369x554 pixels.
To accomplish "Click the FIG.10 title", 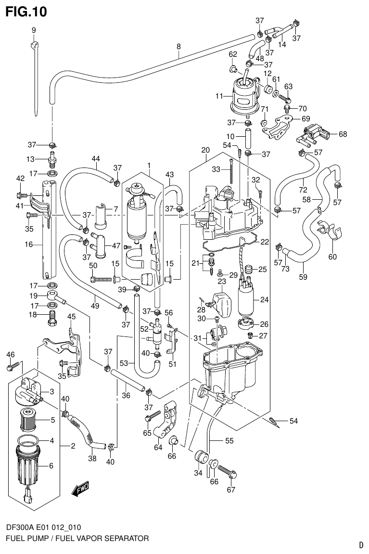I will (x=26, y=12).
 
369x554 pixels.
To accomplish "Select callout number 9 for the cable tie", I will (x=34, y=30).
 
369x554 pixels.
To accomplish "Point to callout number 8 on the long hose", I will (x=178, y=47).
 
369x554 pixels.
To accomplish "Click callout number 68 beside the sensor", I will (x=343, y=134).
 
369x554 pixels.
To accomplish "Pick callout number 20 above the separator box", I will (x=205, y=150).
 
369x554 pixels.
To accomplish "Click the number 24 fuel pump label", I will (x=264, y=299).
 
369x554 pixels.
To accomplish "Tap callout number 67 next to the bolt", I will (x=230, y=490).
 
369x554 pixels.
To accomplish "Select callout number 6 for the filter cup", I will (x=51, y=465).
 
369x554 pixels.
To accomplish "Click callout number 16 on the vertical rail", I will (x=28, y=245).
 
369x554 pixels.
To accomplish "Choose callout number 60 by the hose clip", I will (x=332, y=256).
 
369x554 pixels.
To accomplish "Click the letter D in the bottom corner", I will (x=360, y=545).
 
